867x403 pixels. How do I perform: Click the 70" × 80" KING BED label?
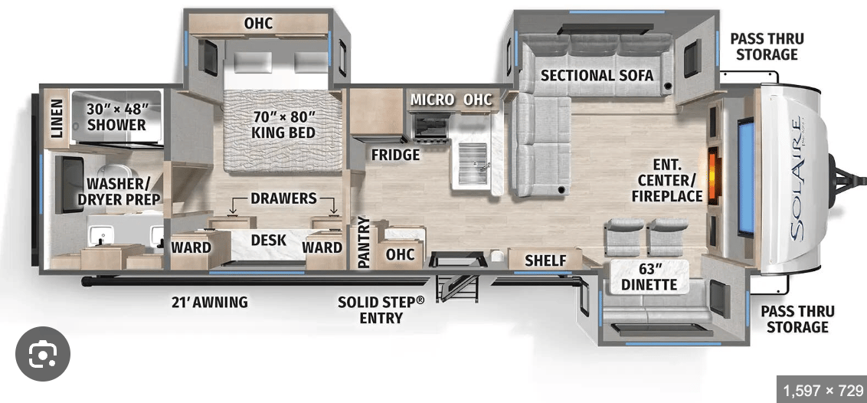(284, 124)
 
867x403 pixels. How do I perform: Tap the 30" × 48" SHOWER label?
(116, 116)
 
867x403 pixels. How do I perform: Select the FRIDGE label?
(395, 155)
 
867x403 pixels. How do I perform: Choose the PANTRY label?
(363, 242)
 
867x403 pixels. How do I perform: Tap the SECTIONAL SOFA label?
(597, 74)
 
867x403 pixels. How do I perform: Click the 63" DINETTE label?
(649, 277)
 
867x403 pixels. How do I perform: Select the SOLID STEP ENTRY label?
(381, 310)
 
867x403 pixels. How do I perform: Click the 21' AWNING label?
(209, 302)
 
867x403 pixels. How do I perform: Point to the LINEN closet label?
(57, 118)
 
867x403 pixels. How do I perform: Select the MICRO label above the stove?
(433, 100)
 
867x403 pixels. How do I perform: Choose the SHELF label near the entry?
(545, 260)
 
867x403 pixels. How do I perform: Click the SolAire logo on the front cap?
(797, 179)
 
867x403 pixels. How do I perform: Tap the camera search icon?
(43, 355)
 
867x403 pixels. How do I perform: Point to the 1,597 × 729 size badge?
(823, 391)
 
